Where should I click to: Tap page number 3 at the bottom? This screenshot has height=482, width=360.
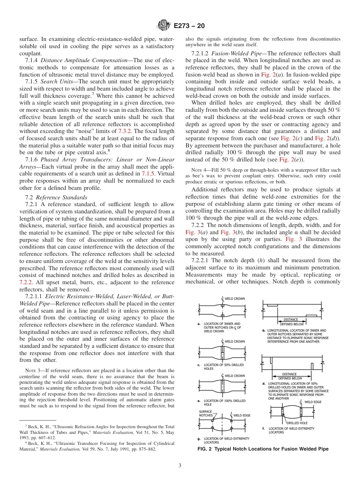[x=180, y=465]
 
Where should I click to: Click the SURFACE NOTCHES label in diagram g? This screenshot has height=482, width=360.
[x=206, y=413]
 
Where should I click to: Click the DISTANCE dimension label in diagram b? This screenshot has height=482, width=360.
[x=291, y=319]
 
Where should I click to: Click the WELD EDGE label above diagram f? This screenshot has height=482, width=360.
[x=312, y=402]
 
